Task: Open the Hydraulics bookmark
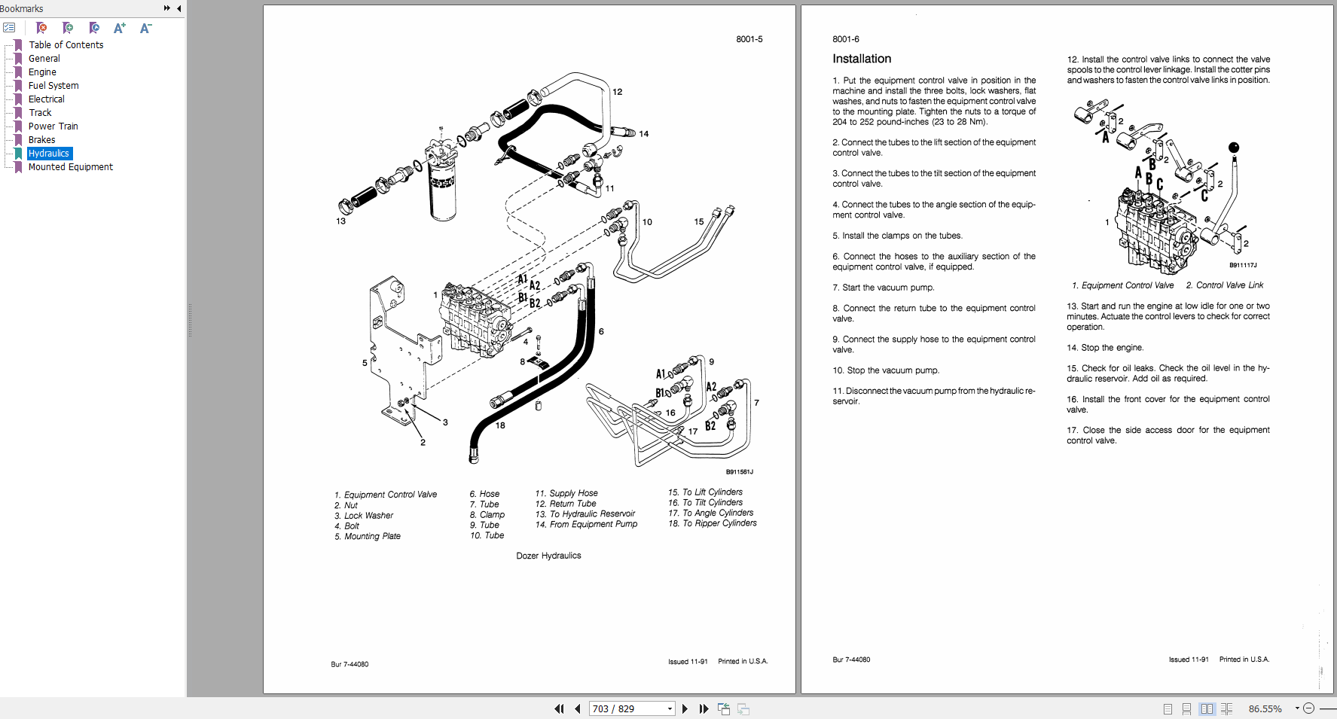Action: pos(49,154)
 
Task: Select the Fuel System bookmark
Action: pos(53,86)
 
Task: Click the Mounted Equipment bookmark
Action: pos(70,167)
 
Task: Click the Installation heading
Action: pos(862,59)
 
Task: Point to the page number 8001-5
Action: pos(749,39)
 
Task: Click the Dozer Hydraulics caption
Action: pos(548,556)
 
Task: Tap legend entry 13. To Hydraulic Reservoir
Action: pos(585,514)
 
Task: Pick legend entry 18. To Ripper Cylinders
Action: pos(712,523)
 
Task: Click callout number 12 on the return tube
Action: pos(617,92)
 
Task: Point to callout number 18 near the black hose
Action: pos(500,425)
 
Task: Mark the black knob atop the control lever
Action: pos(1233,148)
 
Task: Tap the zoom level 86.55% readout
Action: pos(1265,708)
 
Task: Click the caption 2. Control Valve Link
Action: pos(1224,285)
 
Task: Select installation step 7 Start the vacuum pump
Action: pos(883,288)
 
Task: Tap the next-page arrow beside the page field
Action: pos(685,708)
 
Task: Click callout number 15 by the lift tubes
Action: pos(698,221)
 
